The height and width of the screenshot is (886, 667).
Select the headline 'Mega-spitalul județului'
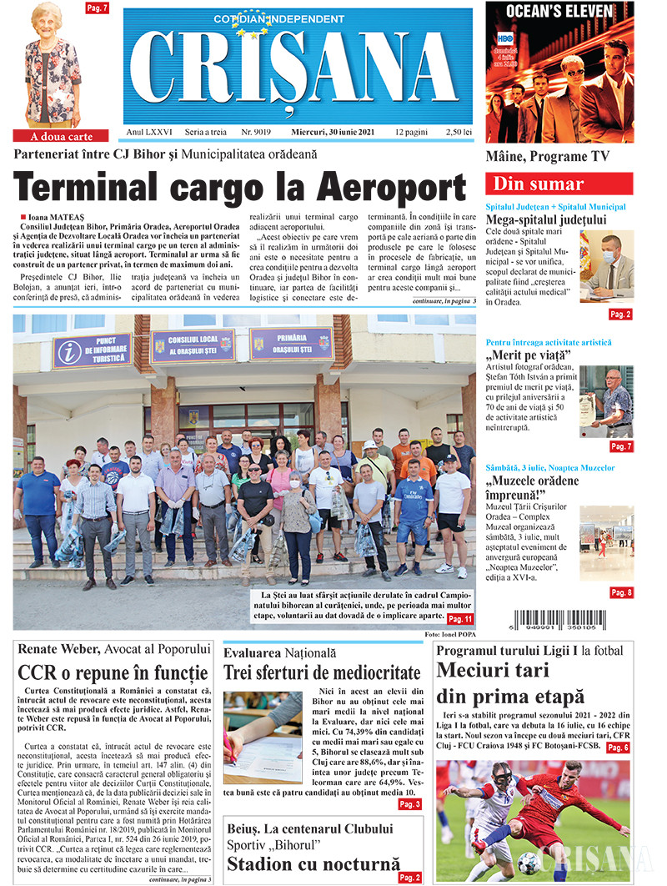pyautogui.click(x=547, y=220)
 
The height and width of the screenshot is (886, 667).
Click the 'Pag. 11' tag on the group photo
pyautogui.click(x=459, y=619)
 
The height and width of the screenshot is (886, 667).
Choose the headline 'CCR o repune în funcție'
pyautogui.click(x=113, y=672)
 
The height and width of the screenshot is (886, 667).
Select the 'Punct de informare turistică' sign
pyautogui.click(x=92, y=350)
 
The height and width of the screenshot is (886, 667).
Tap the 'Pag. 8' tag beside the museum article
pyautogui.click(x=620, y=592)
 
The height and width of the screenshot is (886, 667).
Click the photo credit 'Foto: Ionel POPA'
pyautogui.click(x=449, y=635)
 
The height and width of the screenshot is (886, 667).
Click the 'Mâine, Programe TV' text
pyautogui.click(x=548, y=157)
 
